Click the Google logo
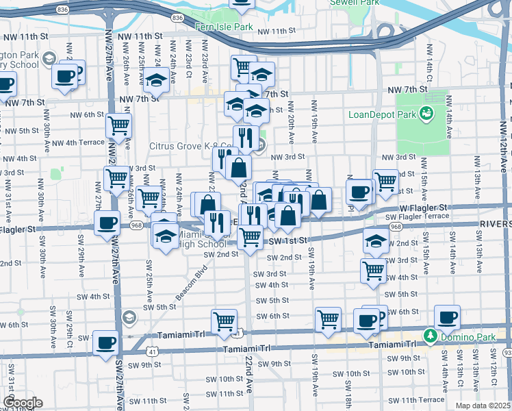[x=22, y=403]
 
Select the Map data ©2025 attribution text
[x=483, y=406]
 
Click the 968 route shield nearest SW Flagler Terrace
[x=395, y=226]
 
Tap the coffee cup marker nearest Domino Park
[x=447, y=317]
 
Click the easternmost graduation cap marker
[x=374, y=240]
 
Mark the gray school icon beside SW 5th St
[x=129, y=316]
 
